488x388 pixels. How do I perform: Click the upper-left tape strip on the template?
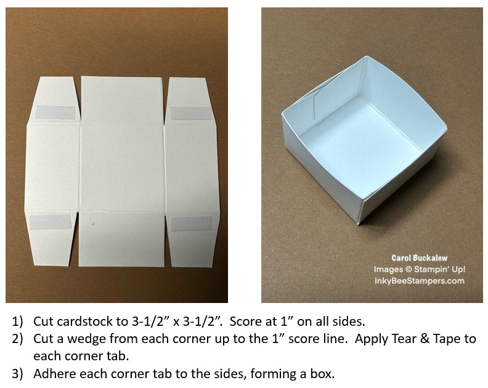click(55, 113)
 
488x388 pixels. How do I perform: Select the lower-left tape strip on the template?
click(51, 222)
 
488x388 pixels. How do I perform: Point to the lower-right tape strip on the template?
click(192, 223)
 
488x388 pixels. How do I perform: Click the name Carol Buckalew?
click(419, 258)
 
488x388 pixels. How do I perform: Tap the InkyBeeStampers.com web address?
click(419, 281)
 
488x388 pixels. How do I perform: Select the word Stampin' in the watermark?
click(429, 270)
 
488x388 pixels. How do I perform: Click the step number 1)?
click(17, 321)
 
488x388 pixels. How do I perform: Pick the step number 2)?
click(17, 339)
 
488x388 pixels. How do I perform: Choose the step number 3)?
click(17, 374)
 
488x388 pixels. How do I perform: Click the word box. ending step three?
click(323, 374)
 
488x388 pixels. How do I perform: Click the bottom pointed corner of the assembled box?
click(358, 224)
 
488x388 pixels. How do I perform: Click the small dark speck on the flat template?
click(92, 224)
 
